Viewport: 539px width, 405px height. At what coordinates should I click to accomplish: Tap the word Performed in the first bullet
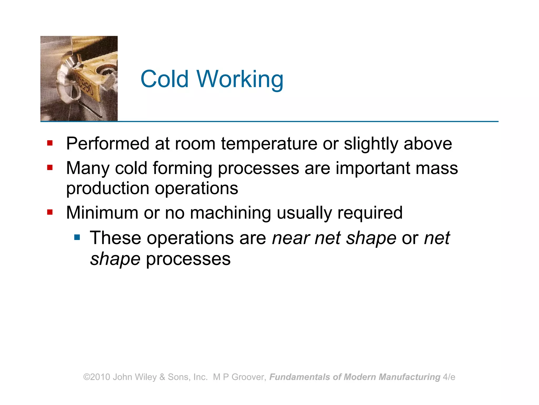(108, 144)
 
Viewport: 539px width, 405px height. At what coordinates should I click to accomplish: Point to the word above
(428, 144)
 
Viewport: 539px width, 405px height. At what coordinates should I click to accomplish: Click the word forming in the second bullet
(182, 168)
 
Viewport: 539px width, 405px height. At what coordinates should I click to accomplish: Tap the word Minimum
(102, 213)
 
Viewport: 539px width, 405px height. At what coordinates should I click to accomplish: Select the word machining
(230, 213)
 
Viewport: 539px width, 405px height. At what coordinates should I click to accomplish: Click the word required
(370, 213)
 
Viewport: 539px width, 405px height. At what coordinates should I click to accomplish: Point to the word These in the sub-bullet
(115, 238)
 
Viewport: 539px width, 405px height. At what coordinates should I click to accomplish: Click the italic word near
(291, 238)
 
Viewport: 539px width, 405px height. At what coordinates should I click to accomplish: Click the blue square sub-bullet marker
(77, 237)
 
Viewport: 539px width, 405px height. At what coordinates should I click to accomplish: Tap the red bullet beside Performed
(50, 143)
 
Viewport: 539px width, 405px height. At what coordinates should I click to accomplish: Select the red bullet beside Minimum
(50, 212)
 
